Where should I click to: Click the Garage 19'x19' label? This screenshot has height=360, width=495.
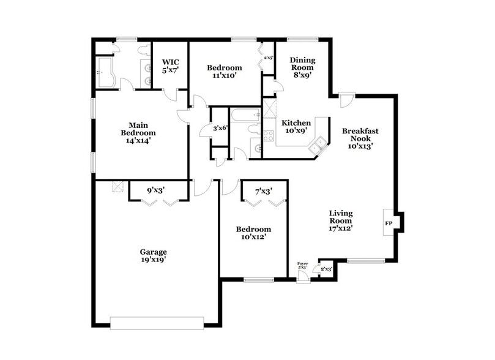[153, 255]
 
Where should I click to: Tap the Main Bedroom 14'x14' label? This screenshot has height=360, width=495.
[138, 133]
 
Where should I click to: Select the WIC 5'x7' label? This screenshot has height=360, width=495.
[169, 66]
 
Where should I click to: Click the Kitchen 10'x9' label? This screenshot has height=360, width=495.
[296, 127]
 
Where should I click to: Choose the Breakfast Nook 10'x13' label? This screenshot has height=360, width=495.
[360, 138]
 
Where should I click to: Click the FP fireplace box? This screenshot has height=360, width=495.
[389, 222]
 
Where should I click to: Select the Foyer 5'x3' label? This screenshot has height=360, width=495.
[302, 266]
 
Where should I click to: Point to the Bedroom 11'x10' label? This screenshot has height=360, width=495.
[224, 72]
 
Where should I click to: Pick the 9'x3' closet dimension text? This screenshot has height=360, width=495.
[155, 190]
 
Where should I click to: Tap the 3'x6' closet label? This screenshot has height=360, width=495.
[220, 128]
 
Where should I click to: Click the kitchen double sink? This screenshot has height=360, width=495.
[318, 146]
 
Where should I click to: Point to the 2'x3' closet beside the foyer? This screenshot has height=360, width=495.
[326, 269]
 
